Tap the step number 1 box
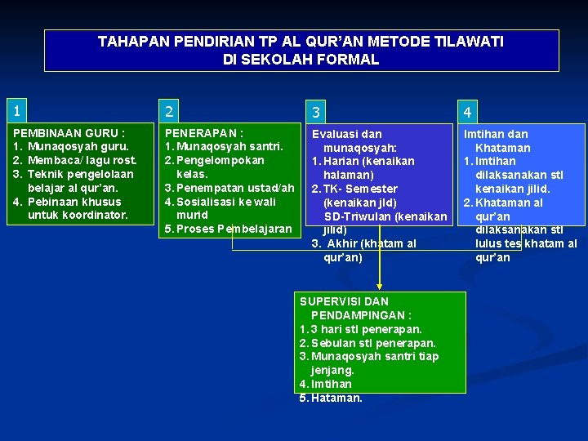[78, 109]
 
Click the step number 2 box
[228, 109]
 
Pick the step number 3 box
[377, 110]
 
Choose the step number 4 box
[521, 109]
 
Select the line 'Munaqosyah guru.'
[78, 146]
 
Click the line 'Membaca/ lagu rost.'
[82, 160]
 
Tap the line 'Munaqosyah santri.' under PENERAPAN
[229, 146]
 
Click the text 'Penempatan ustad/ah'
[235, 188]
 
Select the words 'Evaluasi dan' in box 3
[348, 134]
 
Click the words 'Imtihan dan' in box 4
[496, 134]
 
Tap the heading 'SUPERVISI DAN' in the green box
[344, 301]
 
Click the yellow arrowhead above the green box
[379, 286]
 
